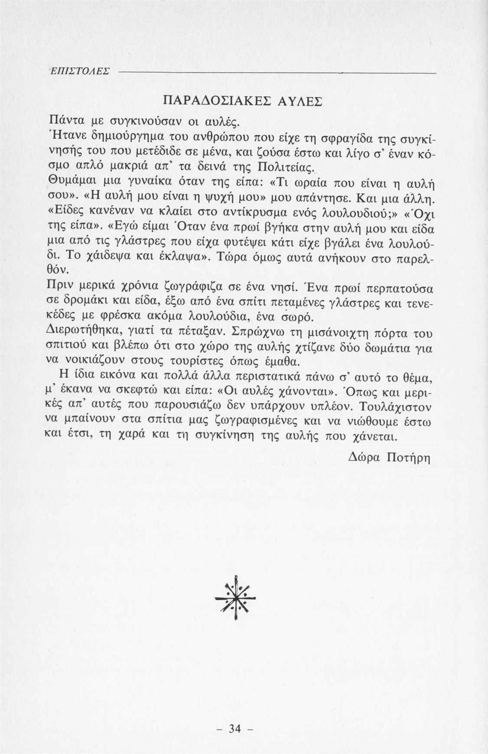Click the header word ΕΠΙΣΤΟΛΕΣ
click(80, 71)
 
